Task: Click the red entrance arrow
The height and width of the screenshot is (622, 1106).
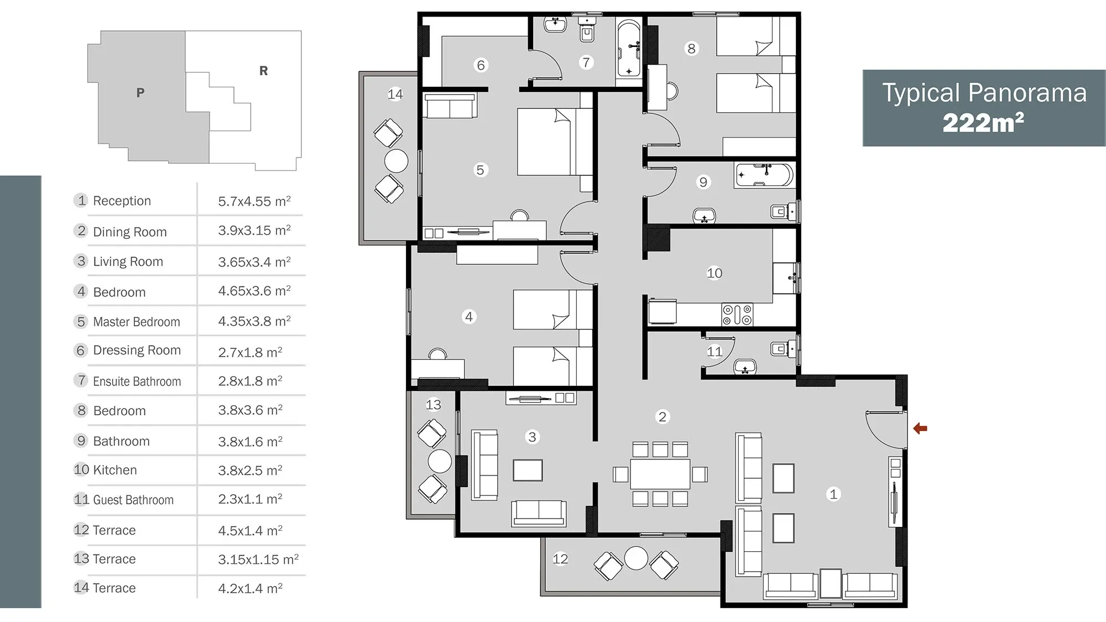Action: (920, 428)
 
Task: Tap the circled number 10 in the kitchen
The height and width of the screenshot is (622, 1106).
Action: (714, 273)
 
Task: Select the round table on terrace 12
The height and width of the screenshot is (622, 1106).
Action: (636, 558)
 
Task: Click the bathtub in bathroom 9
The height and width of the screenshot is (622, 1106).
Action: (764, 175)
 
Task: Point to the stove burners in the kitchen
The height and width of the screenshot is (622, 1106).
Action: (737, 315)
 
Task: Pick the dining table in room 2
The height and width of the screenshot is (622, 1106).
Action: (660, 474)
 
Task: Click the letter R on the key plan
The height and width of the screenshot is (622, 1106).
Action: (264, 71)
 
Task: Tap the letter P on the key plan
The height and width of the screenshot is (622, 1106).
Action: (140, 92)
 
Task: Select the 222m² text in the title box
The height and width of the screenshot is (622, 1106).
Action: (983, 123)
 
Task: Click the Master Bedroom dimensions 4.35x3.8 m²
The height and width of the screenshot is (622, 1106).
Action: (254, 321)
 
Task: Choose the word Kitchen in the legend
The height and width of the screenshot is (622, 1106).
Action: (115, 470)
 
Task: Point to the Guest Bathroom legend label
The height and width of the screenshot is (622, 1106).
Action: (133, 500)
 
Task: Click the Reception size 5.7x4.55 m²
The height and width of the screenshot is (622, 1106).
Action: (254, 201)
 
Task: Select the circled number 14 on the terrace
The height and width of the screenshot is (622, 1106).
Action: (395, 94)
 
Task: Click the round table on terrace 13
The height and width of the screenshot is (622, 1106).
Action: (440, 461)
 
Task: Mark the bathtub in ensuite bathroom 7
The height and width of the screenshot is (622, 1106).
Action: (629, 48)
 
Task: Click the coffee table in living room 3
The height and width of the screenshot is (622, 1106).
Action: (528, 470)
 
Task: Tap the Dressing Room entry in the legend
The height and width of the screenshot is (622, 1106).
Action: (137, 351)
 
